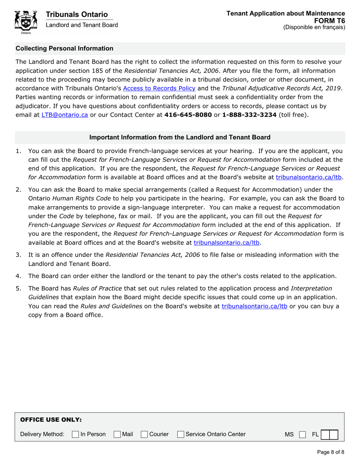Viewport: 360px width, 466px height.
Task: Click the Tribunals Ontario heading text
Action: point(77,14)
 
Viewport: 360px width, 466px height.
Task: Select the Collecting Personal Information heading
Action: point(64,48)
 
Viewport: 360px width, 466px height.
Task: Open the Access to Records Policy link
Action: point(160,89)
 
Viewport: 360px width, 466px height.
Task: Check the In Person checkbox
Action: point(75,434)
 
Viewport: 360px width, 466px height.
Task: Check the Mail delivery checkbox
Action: point(117,434)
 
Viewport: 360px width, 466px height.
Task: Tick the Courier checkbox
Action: point(144,434)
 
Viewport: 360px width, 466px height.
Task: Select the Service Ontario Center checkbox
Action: point(181,434)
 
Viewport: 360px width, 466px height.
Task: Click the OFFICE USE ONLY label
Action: point(51,420)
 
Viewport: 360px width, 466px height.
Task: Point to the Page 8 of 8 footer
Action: point(330,452)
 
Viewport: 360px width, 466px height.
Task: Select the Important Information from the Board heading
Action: point(180,137)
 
